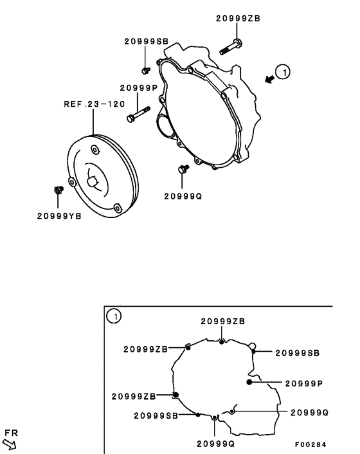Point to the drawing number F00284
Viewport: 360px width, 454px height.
coord(310,444)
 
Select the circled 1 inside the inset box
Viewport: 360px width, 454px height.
coord(113,316)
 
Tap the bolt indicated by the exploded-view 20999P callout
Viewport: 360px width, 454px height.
coord(138,114)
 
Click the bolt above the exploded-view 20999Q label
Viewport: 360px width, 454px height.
coord(182,169)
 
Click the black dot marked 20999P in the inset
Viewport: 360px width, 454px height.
coord(249,382)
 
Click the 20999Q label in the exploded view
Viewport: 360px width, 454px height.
coord(183,195)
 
